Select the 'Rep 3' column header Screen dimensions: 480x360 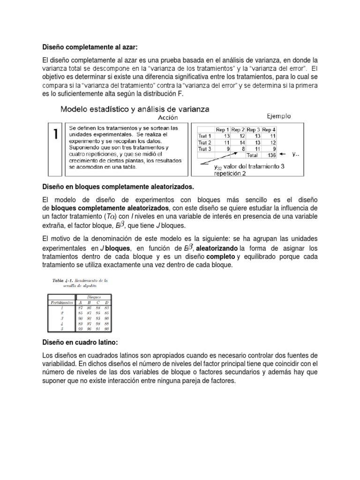coord(253,129)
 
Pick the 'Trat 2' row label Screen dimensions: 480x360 coord(205,142)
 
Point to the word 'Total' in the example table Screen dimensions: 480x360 coord(253,154)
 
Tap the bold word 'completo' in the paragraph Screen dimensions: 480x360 coord(220,257)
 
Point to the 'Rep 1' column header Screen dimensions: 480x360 coord(222,129)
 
